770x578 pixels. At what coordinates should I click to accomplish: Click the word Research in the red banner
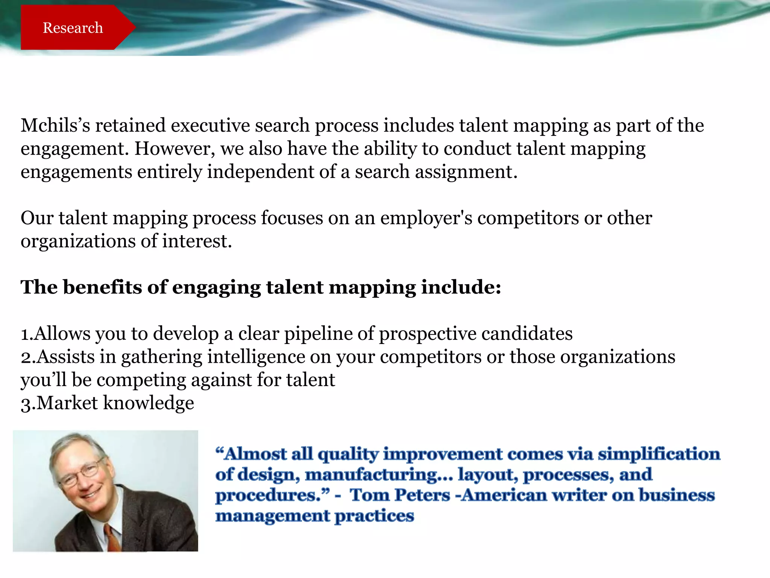pyautogui.click(x=73, y=28)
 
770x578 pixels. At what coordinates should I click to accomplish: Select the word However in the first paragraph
pyautogui.click(x=175, y=149)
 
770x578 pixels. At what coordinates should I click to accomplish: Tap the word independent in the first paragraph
pyautogui.click(x=261, y=172)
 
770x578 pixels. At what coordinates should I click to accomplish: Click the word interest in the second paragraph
pyautogui.click(x=196, y=241)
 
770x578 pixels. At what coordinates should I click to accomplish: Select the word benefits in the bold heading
pyautogui.click(x=102, y=287)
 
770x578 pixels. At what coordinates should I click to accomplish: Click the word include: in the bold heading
pyautogui.click(x=461, y=287)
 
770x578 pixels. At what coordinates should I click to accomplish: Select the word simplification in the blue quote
pyautogui.click(x=659, y=454)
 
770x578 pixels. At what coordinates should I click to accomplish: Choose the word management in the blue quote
pyautogui.click(x=272, y=516)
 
